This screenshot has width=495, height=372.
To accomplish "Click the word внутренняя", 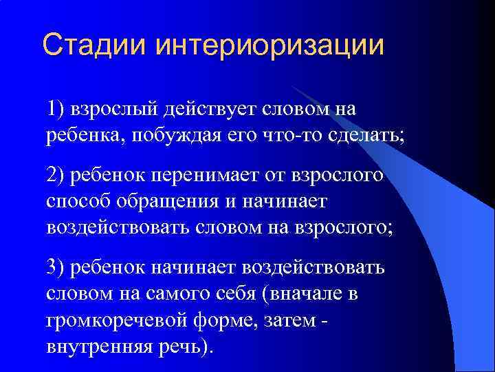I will (x=96, y=347).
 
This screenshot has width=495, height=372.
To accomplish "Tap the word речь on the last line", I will (x=180, y=347).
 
